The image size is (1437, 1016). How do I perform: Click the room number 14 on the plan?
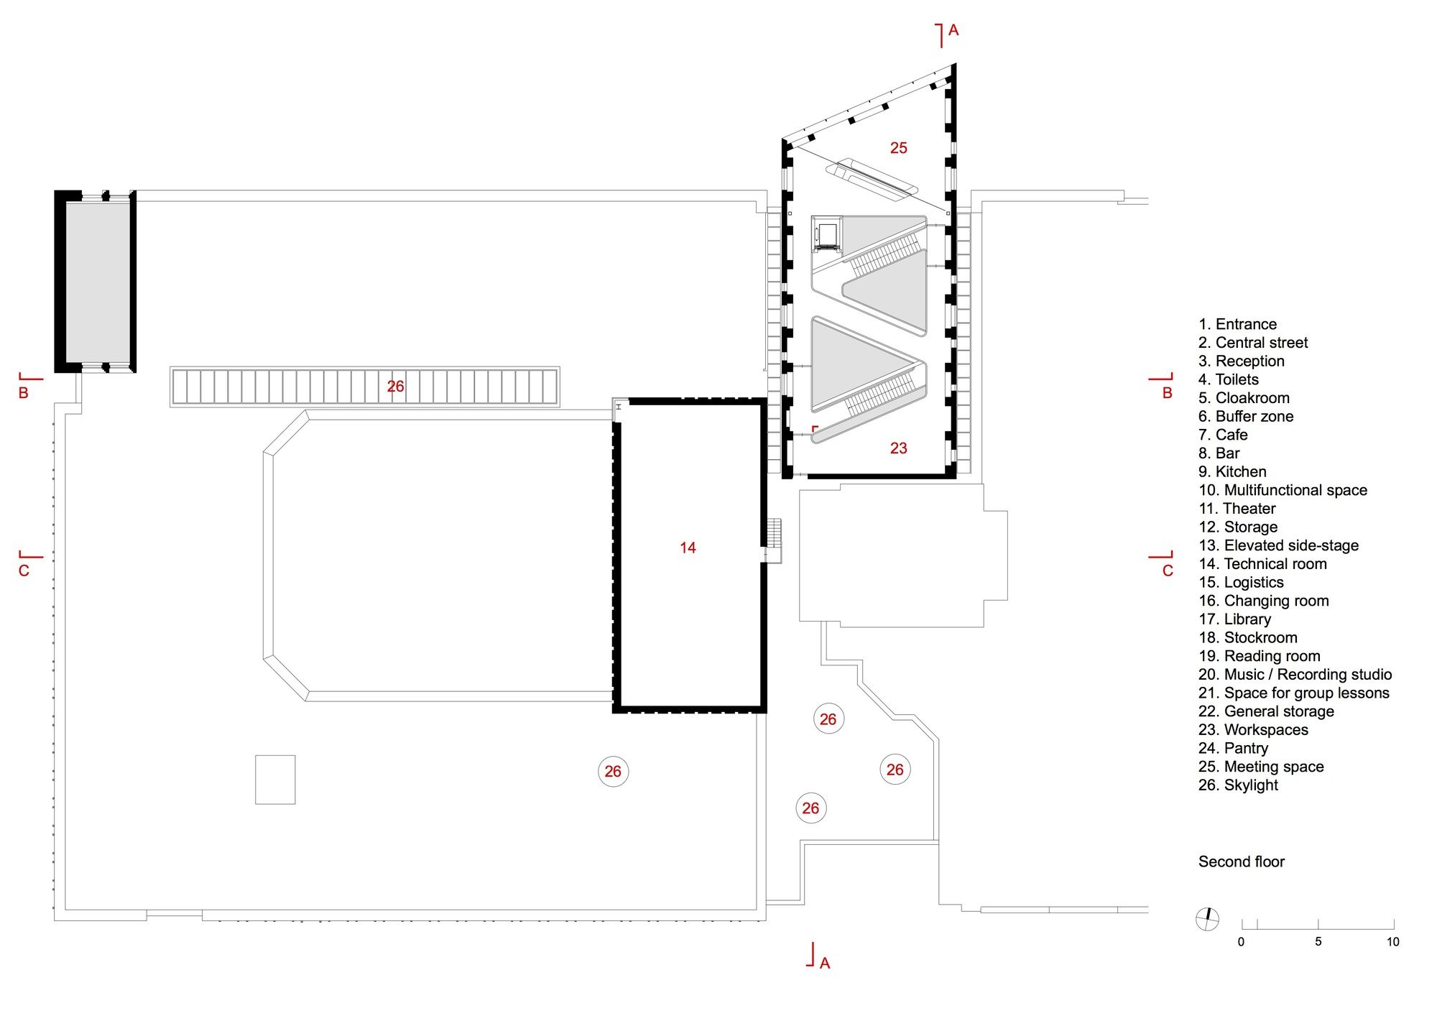tap(688, 548)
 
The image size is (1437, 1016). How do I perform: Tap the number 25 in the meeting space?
tap(898, 148)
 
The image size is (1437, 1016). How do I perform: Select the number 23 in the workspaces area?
tap(898, 448)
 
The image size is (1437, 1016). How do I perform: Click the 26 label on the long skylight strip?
tap(395, 387)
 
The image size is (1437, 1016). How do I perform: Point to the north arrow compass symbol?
tap(1207, 918)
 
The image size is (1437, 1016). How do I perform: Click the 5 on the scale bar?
tap(1318, 941)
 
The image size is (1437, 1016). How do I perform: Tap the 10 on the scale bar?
tap(1392, 941)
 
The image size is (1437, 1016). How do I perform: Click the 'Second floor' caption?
tap(1241, 862)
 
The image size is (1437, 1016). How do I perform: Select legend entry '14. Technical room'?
tap(1262, 564)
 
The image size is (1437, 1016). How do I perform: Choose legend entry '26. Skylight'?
tap(1238, 785)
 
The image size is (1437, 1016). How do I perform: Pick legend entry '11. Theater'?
tap(1237, 509)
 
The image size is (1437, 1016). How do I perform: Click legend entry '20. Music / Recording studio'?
tap(1295, 675)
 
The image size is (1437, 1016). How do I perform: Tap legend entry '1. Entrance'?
tap(1237, 324)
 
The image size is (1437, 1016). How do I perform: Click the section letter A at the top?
tap(953, 30)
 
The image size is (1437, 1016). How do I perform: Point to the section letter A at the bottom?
tap(825, 963)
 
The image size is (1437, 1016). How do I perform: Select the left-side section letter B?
tap(23, 393)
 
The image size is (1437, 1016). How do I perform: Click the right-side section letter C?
tap(1168, 571)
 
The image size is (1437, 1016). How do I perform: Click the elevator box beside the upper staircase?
tap(827, 234)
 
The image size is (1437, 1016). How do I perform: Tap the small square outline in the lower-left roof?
tap(275, 780)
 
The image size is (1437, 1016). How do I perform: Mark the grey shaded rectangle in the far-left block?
tap(97, 282)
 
